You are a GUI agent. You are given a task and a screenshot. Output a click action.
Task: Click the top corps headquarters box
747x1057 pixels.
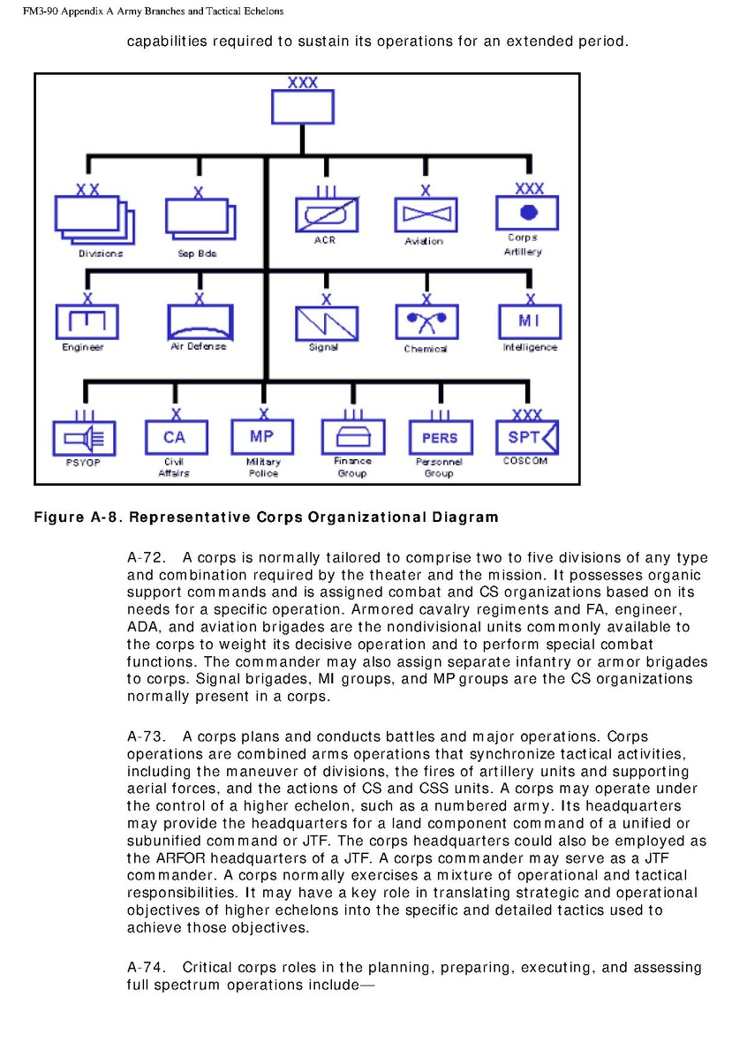pyautogui.click(x=302, y=107)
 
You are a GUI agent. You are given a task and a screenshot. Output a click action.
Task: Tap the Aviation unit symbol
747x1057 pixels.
pyautogui.click(x=425, y=215)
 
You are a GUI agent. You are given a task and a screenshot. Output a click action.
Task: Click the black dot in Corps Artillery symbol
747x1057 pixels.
pyautogui.click(x=529, y=212)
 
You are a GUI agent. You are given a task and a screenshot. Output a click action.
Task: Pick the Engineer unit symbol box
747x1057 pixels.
pyautogui.click(x=87, y=321)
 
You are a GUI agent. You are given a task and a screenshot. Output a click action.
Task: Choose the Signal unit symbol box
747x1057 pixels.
pyautogui.click(x=326, y=322)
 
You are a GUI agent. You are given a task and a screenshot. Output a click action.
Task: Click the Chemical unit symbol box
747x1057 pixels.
pyautogui.click(x=426, y=322)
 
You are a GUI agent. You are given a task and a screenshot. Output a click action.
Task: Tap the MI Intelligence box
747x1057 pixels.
pyautogui.click(x=530, y=321)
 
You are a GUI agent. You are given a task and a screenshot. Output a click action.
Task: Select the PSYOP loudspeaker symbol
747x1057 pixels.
pyautogui.click(x=85, y=437)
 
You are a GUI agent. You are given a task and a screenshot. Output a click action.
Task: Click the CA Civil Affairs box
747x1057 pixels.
pyautogui.click(x=175, y=437)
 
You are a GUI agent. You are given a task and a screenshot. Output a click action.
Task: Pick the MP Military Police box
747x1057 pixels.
pyautogui.click(x=262, y=436)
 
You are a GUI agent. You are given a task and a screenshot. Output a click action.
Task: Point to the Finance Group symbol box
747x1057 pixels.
pyautogui.click(x=352, y=436)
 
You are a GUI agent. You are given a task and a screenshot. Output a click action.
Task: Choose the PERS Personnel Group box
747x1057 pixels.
pyautogui.click(x=440, y=437)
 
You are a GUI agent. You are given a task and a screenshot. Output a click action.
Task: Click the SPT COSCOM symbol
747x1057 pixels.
pyautogui.click(x=527, y=437)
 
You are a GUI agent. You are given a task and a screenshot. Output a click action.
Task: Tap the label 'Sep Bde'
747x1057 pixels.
pyautogui.click(x=197, y=253)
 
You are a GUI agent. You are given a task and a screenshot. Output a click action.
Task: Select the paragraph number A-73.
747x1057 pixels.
pyautogui.click(x=146, y=736)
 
